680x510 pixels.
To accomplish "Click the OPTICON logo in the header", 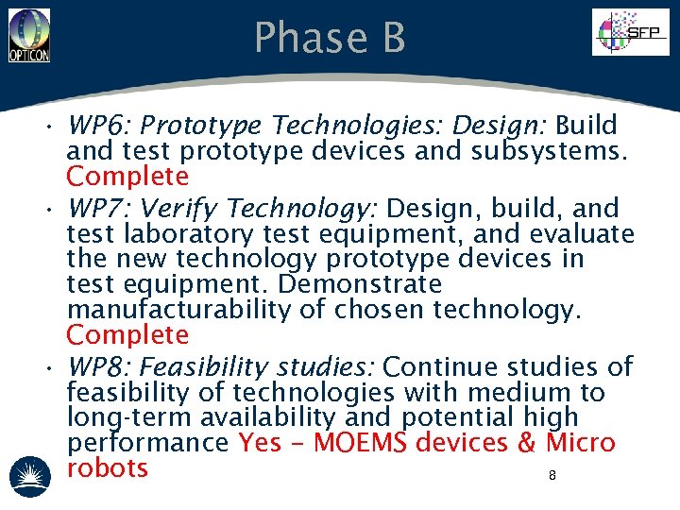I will click(28, 36).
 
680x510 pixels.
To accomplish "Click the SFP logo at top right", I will click(629, 33).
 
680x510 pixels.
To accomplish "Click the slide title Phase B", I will click(330, 38).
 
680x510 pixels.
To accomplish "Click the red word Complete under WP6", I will click(127, 177).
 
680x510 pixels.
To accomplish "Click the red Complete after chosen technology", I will click(127, 335).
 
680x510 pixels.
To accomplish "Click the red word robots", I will click(108, 468).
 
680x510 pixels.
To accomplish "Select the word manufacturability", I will click(180, 310).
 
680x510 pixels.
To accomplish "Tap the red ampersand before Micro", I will click(527, 443).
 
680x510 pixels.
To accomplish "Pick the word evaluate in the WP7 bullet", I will click(582, 233).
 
